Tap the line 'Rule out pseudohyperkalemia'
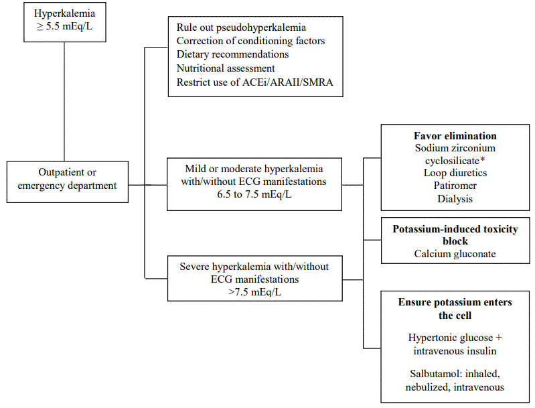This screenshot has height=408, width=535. click(x=241, y=27)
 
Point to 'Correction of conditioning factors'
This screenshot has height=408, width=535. click(x=250, y=41)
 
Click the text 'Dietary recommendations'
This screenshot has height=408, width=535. click(x=232, y=54)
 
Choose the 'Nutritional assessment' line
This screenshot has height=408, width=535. click(x=226, y=68)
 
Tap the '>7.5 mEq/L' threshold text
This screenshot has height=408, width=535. click(x=254, y=292)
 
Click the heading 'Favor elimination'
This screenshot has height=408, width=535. click(x=455, y=135)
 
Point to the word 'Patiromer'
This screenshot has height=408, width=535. click(x=455, y=186)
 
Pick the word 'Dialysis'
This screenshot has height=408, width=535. click(x=455, y=199)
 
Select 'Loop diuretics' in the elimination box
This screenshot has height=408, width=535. click(x=455, y=173)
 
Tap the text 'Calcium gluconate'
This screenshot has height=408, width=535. click(x=455, y=254)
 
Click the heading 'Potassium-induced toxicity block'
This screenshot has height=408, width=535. click(x=455, y=234)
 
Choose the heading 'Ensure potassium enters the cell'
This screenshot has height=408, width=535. click(x=455, y=308)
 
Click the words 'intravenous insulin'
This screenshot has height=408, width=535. click(x=455, y=351)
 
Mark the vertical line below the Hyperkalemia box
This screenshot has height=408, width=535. click(x=64, y=100)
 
